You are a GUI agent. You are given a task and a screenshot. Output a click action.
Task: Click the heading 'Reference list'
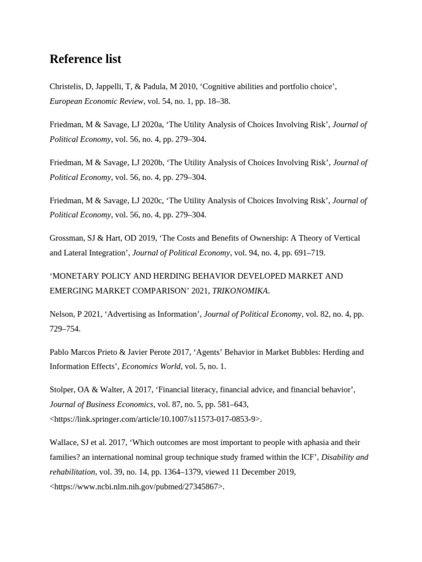point(85,59)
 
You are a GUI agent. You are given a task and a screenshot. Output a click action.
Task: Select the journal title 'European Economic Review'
point(97,102)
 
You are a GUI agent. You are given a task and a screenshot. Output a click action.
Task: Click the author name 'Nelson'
point(62,314)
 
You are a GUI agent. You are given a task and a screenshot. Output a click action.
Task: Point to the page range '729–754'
point(64,329)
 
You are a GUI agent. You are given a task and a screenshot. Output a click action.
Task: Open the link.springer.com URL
point(155,419)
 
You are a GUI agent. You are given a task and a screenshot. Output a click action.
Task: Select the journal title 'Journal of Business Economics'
point(102,404)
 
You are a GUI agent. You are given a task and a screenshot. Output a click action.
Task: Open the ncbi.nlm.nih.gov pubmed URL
point(136,486)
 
